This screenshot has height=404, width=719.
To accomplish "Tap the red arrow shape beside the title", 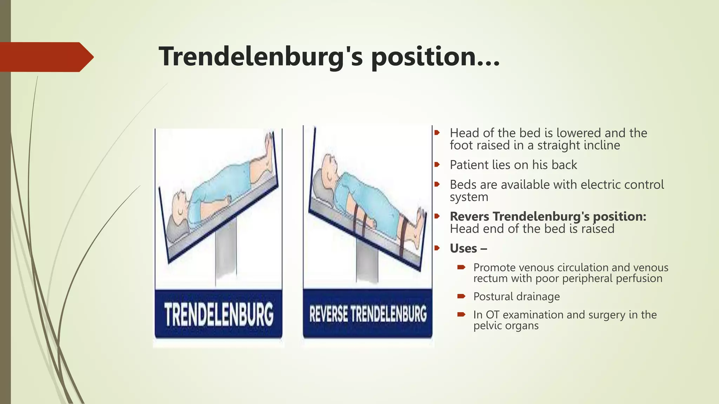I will pyautogui.click(x=46, y=57).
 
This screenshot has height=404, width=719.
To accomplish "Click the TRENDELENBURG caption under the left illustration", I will pyautogui.click(x=218, y=314).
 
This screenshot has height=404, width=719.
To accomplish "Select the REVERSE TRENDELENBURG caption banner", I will pyautogui.click(x=368, y=314).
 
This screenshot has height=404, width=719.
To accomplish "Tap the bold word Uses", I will pyautogui.click(x=463, y=248).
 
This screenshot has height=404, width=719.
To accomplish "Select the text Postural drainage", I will pyautogui.click(x=516, y=296).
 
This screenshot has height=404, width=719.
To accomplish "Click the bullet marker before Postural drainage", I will pyautogui.click(x=461, y=296).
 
